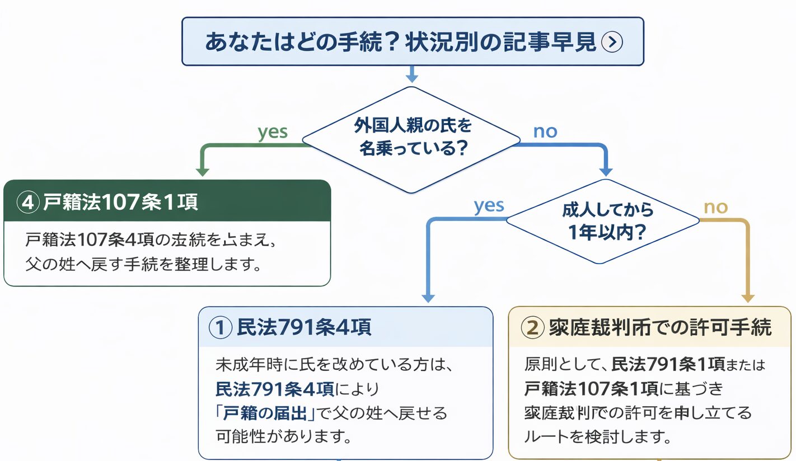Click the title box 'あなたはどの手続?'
click(413, 41)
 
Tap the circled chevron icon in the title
click(611, 42)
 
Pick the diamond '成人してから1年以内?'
click(603, 221)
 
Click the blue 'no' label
click(545, 131)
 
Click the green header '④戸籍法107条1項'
click(167, 201)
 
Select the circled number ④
click(27, 202)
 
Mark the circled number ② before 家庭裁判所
click(531, 328)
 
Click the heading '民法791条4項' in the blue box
click(304, 328)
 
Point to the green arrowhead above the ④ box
click(203, 171)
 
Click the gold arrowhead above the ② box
click(748, 298)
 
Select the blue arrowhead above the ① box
click(428, 298)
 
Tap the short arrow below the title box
click(412, 74)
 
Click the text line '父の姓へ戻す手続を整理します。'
click(143, 264)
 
